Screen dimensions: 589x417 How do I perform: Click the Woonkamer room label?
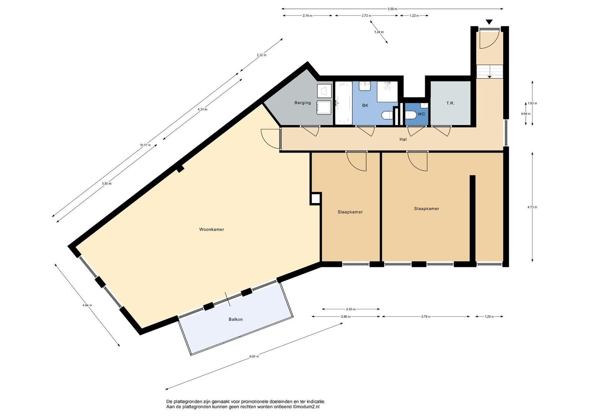click(211, 229)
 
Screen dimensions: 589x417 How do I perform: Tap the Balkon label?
click(236, 320)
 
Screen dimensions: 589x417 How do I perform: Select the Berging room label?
click(302, 103)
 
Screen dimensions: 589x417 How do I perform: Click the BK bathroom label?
click(365, 105)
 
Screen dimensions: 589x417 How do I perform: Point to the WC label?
click(421, 114)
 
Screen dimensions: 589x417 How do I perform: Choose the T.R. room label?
click(450, 103)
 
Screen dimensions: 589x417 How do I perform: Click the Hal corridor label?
click(403, 139)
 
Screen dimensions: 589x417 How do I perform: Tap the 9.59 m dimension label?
click(392, 9)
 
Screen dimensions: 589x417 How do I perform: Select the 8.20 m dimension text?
click(254, 356)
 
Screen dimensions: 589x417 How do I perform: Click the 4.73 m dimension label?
click(532, 207)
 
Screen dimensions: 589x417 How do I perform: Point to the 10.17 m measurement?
click(145, 145)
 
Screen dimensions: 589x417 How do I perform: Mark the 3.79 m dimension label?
click(426, 317)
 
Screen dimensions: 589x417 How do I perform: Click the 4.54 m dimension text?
click(87, 305)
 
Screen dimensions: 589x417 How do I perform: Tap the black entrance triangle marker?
click(489, 22)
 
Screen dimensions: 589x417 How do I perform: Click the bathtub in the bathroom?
click(344, 103)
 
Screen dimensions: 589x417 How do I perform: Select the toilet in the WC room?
click(411, 115)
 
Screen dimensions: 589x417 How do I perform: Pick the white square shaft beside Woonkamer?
click(316, 198)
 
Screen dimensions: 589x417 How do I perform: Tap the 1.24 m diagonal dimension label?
click(379, 32)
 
